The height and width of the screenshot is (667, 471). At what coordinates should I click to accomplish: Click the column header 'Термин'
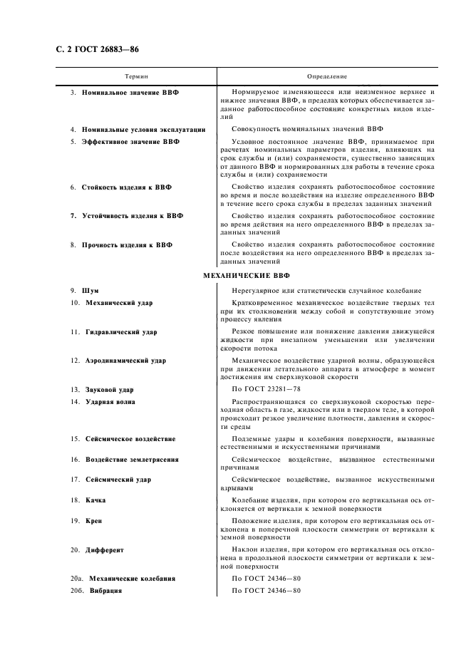click(136, 76)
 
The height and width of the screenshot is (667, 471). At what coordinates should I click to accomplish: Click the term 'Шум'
click(90, 291)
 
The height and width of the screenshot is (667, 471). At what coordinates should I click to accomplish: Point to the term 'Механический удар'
click(119, 303)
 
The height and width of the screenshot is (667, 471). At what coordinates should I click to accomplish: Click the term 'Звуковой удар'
click(108, 390)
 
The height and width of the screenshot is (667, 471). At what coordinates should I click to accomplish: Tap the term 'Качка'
click(96, 501)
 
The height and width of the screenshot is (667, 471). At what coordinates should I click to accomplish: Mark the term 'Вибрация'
click(105, 591)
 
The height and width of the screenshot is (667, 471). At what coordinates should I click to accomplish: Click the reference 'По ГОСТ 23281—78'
click(267, 390)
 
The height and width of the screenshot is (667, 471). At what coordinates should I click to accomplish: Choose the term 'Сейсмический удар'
click(118, 480)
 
